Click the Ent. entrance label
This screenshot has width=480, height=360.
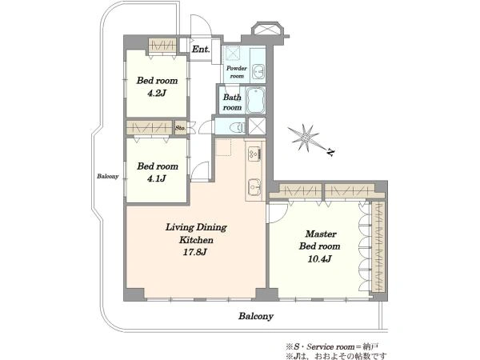(201, 49)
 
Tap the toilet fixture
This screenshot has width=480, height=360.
(237, 126)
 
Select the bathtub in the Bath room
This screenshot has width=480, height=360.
(255, 101)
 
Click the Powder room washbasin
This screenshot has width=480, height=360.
(258, 72)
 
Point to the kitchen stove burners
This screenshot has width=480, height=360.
(254, 153)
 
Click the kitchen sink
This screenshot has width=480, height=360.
(254, 187)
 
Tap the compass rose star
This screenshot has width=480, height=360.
(305, 138)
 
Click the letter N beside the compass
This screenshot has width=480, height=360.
(330, 152)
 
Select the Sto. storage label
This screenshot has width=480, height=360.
(180, 128)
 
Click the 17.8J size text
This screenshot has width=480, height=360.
(195, 252)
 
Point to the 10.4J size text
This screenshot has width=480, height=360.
(319, 259)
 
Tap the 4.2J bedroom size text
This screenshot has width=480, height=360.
(157, 93)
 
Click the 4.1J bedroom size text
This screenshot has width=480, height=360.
(157, 178)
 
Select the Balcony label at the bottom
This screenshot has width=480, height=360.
(256, 316)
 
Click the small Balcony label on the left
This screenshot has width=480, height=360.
(107, 176)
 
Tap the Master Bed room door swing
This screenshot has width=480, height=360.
(278, 214)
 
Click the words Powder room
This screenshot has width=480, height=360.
(237, 72)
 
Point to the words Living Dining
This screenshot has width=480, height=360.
(196, 227)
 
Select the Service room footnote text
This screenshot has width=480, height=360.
(332, 347)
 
